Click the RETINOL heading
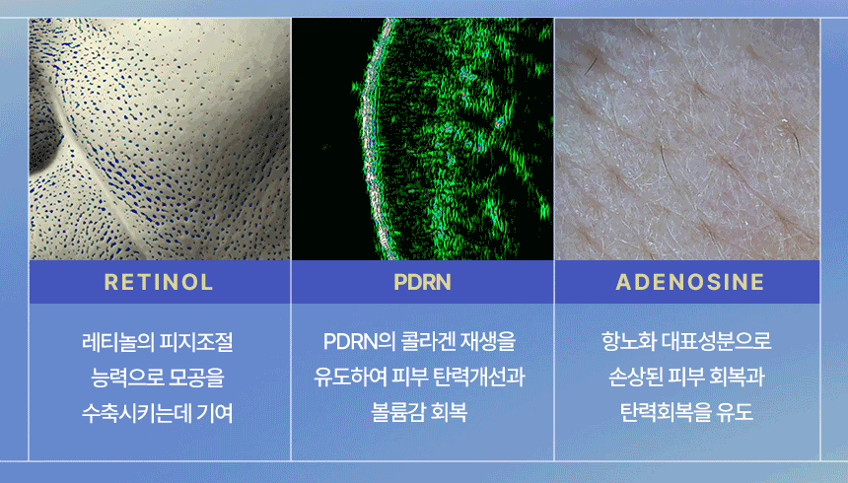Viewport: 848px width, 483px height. (x=159, y=282)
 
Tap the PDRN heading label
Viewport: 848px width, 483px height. (x=422, y=282)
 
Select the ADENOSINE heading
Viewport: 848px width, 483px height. (x=689, y=282)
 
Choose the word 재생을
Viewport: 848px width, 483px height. (x=488, y=342)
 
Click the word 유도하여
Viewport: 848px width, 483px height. (x=349, y=377)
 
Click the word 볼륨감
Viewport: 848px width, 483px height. (x=397, y=412)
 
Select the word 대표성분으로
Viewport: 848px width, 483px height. (x=717, y=341)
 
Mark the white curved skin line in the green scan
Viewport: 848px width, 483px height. (x=370, y=141)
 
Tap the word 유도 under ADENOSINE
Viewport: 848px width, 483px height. (x=735, y=412)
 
